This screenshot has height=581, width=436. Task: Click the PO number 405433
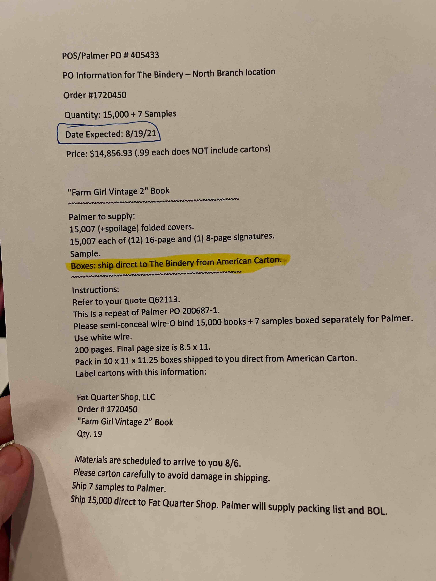[145, 55]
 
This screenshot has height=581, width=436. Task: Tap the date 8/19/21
[141, 134]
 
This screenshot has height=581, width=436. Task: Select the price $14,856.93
[111, 153]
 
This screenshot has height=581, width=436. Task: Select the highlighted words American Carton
[249, 261]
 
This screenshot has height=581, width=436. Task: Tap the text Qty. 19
[89, 434]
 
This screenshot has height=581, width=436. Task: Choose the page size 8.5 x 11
[194, 348]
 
